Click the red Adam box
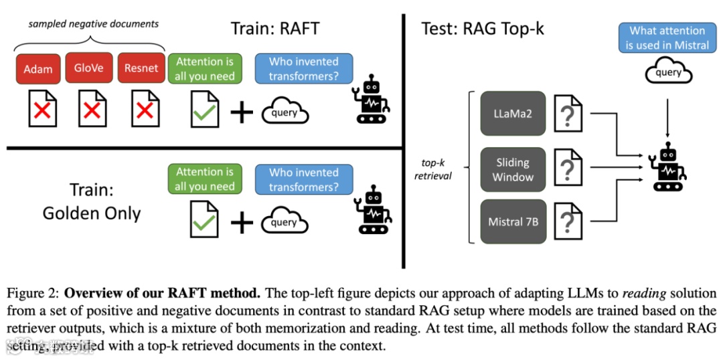pos(38,69)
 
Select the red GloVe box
pos(88,68)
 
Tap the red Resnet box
pos(141,68)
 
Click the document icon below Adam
pos(42,108)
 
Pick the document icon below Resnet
pos(145,108)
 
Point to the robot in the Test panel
pos(667,167)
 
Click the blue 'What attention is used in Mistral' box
pos(667,38)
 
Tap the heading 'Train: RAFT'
pos(275,29)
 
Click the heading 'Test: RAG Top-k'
pos(483,29)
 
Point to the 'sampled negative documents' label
pos(94,23)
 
